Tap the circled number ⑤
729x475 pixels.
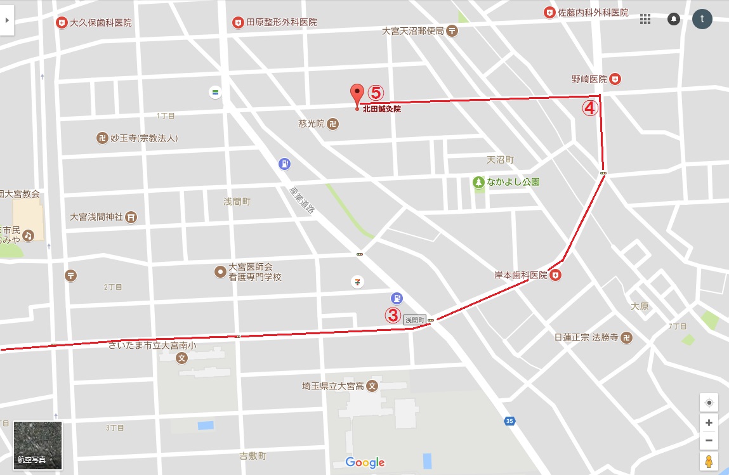376,93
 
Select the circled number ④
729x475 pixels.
590,108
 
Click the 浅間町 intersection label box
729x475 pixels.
414,320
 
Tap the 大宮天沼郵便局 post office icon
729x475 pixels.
452,30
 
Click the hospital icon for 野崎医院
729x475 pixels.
615,79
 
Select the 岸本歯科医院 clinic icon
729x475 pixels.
556,275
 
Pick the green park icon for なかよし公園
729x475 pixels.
478,182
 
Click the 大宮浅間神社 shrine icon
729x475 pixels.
131,217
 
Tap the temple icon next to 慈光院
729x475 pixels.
332,124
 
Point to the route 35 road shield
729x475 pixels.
509,420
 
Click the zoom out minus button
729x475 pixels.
709,440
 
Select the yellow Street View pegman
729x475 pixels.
709,461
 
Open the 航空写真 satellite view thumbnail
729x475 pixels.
38,445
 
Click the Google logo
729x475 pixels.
365,462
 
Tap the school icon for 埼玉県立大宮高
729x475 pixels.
372,386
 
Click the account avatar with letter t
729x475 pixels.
702,18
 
